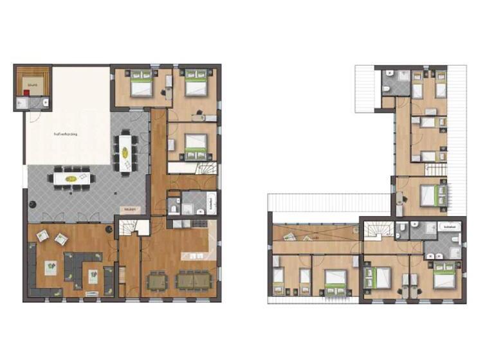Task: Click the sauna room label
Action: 32,84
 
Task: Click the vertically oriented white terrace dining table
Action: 125,152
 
